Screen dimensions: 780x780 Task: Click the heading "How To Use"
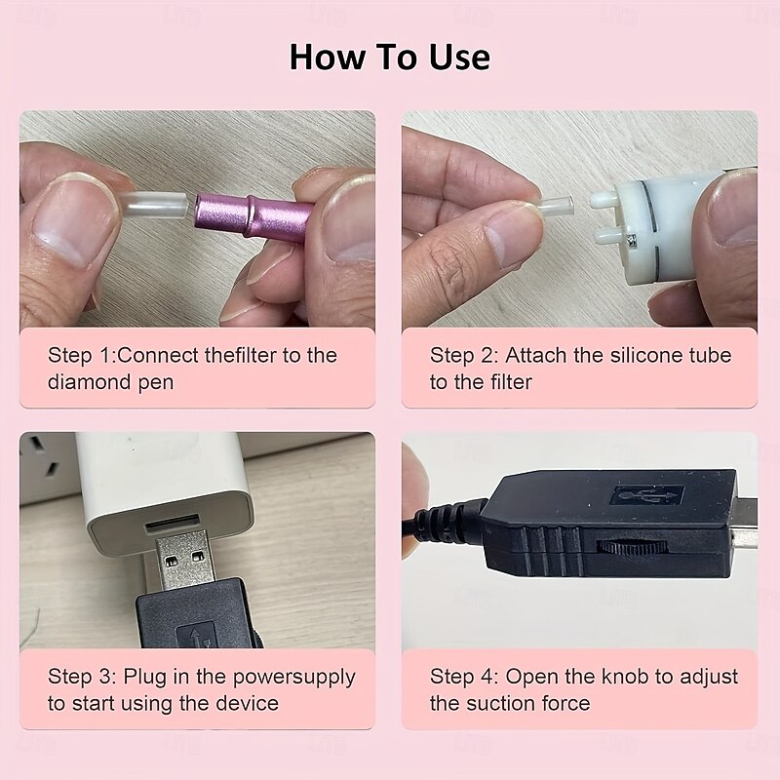(389, 57)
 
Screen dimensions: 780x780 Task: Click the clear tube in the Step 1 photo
(155, 206)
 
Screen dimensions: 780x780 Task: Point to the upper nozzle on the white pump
(604, 199)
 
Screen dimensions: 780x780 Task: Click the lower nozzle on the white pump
(608, 235)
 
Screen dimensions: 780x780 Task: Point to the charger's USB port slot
(173, 525)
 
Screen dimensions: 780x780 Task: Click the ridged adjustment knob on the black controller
(632, 547)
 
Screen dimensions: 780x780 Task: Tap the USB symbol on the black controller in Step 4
(647, 495)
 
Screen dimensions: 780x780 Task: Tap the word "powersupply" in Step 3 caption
(294, 678)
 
